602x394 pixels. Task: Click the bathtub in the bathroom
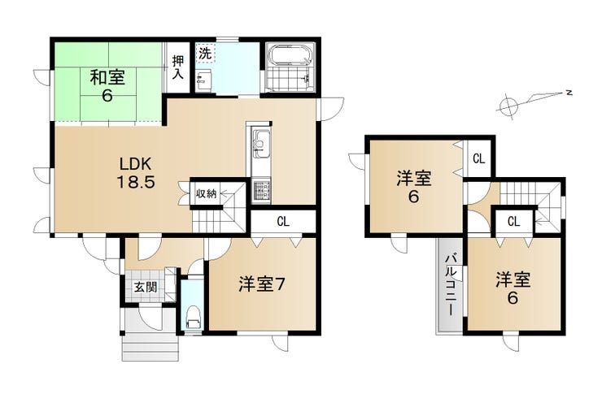290,55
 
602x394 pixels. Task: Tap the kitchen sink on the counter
260,145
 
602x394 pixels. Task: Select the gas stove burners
261,190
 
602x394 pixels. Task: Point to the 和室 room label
107,78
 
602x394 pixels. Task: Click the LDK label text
136,164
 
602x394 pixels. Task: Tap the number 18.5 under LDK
136,182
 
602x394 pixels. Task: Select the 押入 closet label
178,67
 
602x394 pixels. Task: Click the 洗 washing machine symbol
205,54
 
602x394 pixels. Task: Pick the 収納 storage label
207,194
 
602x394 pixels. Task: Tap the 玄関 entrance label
146,287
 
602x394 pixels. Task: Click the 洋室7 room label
261,284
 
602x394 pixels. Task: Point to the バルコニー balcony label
451,284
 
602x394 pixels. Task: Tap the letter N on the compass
569,93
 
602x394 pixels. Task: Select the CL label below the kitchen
283,222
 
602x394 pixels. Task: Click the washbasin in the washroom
203,80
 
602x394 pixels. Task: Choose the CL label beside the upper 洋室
479,158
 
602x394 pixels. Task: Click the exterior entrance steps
150,346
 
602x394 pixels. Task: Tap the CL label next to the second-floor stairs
513,221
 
